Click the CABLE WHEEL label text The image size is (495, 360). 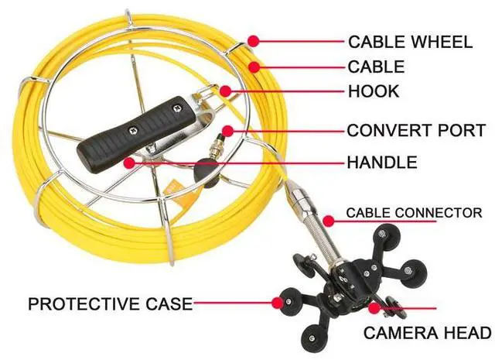click(x=410, y=42)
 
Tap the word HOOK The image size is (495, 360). click(x=374, y=91)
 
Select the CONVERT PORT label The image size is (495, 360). click(x=416, y=130)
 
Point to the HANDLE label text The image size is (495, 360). click(x=382, y=162)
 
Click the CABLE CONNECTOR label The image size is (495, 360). click(x=414, y=213)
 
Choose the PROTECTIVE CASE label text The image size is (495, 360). click(x=111, y=303)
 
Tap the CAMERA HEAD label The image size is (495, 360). click(x=428, y=333)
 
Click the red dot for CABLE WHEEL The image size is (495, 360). click(x=254, y=41)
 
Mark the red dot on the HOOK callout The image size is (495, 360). click(x=225, y=91)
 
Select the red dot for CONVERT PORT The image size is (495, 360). click(x=227, y=131)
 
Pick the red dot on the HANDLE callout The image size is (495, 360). click(x=129, y=163)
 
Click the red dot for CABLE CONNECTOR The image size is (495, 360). click(x=329, y=221)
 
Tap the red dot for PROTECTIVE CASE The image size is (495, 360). click(x=278, y=303)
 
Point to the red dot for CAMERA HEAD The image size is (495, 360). click(x=374, y=307)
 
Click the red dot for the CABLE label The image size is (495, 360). click(x=254, y=67)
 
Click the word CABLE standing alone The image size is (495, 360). click(x=377, y=67)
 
